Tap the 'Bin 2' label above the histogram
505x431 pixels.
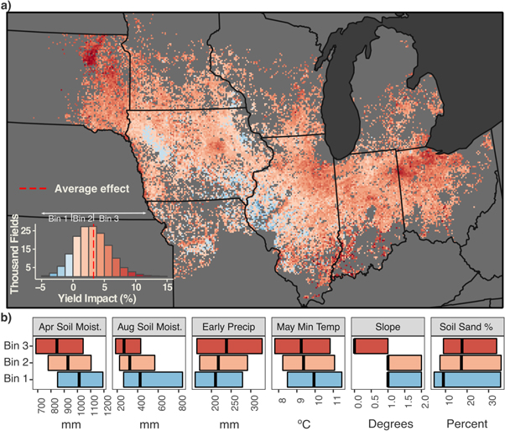click(82, 218)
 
